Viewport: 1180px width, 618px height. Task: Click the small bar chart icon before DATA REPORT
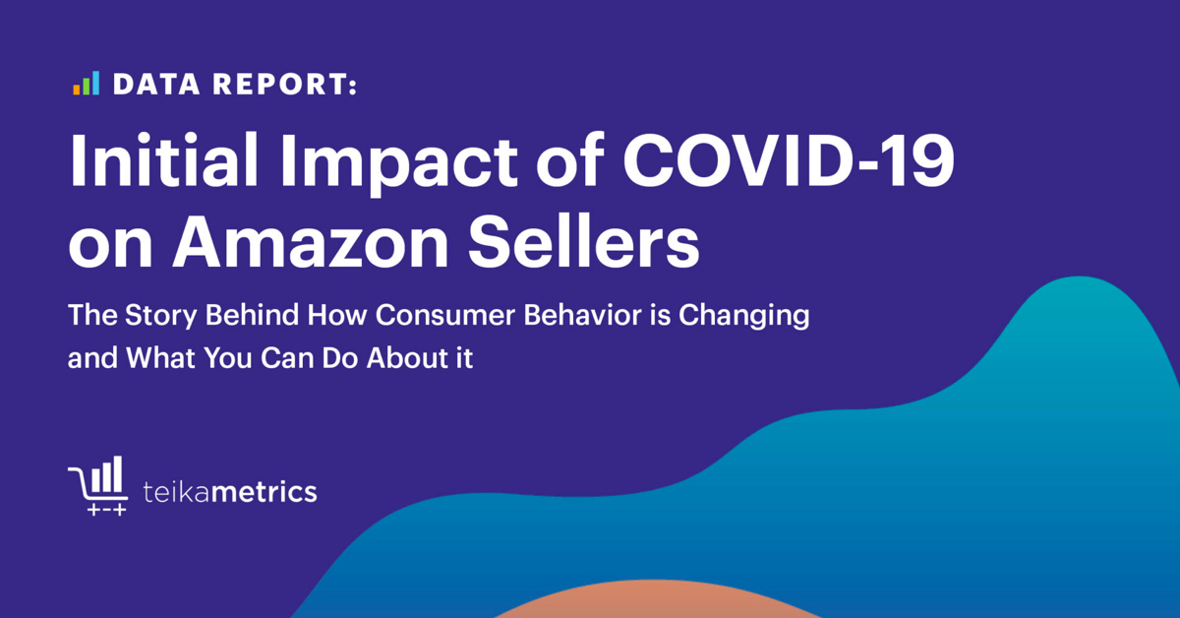pos(86,85)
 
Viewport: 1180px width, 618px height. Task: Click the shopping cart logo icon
pos(98,485)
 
